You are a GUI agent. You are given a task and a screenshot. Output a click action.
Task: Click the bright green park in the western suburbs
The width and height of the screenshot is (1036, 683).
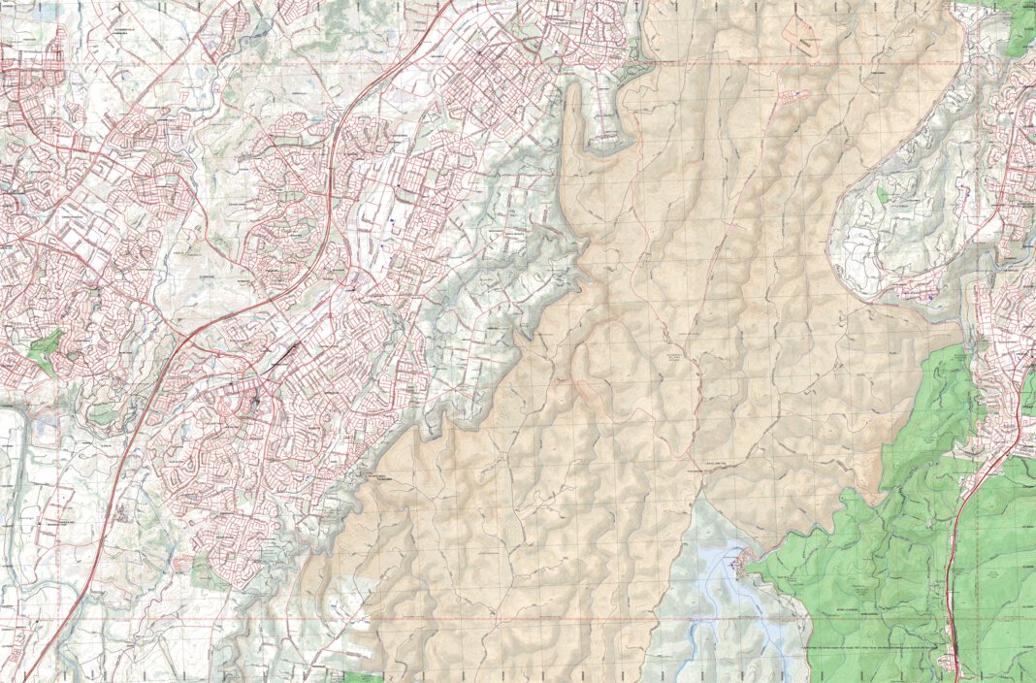tap(45, 351)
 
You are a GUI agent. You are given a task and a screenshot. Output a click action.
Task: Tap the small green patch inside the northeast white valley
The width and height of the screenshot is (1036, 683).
tap(883, 194)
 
